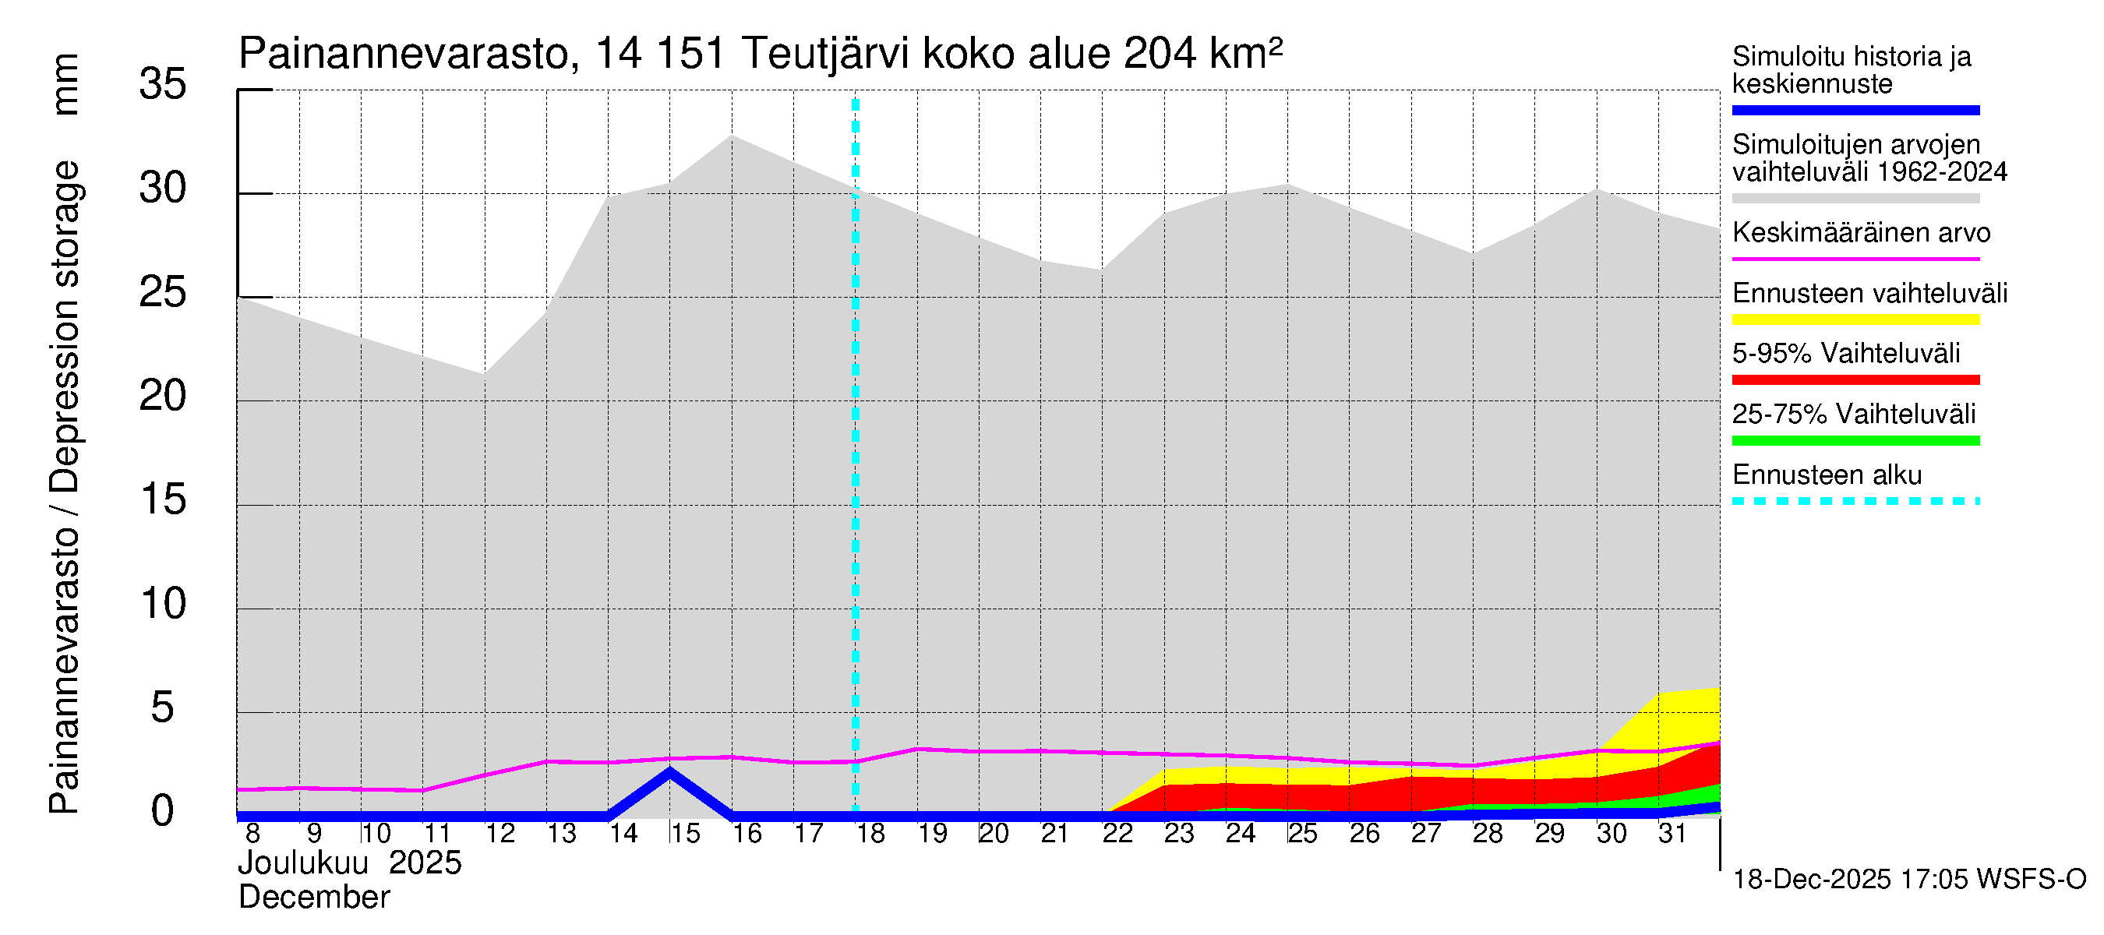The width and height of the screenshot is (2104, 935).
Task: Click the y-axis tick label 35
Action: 163,85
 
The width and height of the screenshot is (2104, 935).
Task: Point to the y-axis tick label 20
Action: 163,397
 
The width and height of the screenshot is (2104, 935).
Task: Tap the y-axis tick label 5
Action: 163,708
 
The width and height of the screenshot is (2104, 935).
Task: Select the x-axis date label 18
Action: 870,834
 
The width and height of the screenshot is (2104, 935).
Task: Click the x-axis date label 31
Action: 1672,834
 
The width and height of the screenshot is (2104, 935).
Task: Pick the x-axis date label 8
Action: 252,834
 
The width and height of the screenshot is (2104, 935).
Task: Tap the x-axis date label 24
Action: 1240,834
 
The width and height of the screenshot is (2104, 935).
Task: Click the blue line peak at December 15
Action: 669,771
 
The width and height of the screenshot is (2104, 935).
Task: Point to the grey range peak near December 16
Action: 733,136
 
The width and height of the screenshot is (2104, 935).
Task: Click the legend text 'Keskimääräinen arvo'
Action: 1861,234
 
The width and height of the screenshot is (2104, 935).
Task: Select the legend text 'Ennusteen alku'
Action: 1827,475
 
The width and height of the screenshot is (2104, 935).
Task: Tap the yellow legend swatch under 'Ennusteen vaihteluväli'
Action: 1855,319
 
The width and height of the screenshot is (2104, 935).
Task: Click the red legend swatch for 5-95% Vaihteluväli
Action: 1855,379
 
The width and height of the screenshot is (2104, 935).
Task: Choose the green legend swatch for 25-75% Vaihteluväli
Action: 1855,441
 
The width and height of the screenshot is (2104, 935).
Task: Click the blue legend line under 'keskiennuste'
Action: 1855,110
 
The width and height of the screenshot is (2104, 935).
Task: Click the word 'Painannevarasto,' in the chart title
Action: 409,55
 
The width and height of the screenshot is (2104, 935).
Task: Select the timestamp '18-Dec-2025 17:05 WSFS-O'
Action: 1908,880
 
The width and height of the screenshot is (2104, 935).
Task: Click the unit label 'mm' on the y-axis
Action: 65,84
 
